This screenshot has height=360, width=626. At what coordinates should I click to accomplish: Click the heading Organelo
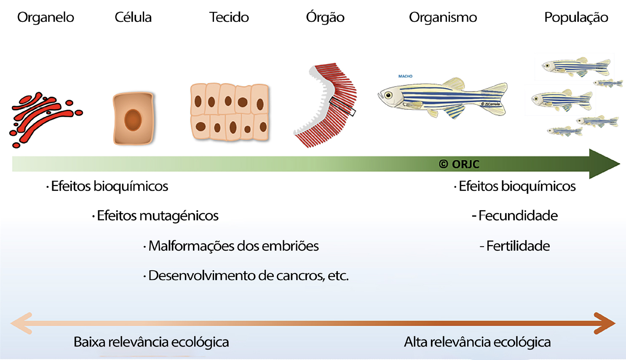[x=45, y=17]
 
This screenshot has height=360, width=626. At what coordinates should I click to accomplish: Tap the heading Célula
[x=133, y=17]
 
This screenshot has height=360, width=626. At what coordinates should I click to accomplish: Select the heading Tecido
[x=229, y=17]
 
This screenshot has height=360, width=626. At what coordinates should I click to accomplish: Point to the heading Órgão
[x=325, y=17]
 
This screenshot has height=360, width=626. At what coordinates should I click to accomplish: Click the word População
[x=576, y=17]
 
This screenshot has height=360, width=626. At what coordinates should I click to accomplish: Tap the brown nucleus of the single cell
[x=133, y=120]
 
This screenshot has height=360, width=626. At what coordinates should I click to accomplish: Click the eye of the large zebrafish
[x=388, y=95]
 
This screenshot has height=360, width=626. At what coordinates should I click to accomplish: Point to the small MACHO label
[x=405, y=76]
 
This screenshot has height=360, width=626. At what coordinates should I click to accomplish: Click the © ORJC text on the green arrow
[x=459, y=164]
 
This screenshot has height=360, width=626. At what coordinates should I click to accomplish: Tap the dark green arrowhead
[x=602, y=164]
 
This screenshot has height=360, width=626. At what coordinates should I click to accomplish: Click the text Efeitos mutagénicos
[x=157, y=216]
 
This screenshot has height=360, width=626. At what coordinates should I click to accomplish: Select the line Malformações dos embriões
[x=233, y=246]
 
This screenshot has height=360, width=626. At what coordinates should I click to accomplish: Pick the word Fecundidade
[x=518, y=216]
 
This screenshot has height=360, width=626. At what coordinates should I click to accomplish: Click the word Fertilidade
[x=518, y=246]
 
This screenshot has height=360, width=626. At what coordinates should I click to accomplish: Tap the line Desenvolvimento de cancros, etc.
[x=248, y=276]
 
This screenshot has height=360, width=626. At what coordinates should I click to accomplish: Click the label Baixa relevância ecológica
[x=151, y=342]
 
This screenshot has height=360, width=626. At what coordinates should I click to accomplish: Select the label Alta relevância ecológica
[x=477, y=342]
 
